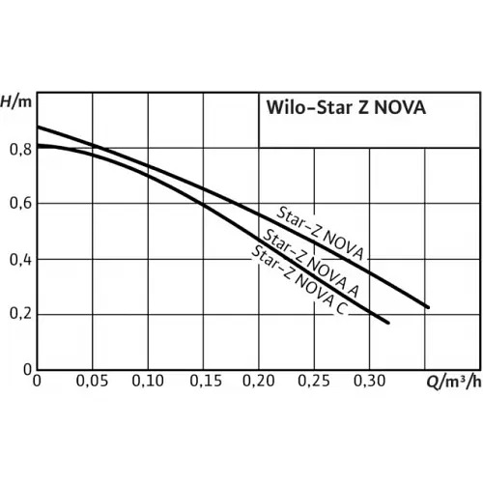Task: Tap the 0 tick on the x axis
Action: click(x=37, y=383)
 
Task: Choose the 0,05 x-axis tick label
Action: click(x=93, y=383)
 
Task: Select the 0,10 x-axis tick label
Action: click(x=148, y=383)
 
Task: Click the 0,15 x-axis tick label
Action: click(x=204, y=383)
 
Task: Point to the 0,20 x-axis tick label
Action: click(x=259, y=383)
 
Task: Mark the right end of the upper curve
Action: click(x=427, y=307)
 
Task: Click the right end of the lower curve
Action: click(x=388, y=323)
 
